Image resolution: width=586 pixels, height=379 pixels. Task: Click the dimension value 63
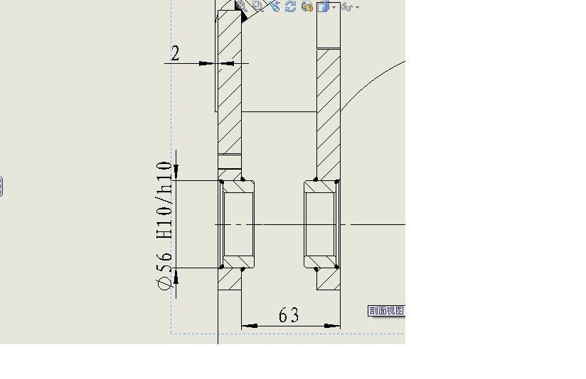pos(289,315)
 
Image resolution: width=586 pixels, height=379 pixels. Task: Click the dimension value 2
pos(175,53)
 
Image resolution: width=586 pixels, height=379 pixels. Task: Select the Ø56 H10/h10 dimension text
pos(165,225)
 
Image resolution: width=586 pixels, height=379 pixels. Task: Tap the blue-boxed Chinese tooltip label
pos(386,310)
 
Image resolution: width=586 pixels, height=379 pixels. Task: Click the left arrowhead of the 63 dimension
pos(250,326)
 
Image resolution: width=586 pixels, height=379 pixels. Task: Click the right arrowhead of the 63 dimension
pos(332,326)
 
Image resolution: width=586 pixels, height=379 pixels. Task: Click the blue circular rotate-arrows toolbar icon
pos(290,6)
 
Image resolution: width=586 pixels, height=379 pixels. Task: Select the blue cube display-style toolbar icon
pos(324,6)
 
